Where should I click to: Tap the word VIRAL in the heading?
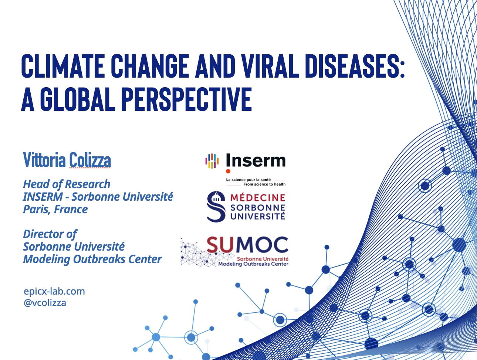point(267,66)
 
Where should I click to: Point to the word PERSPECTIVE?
point(186,99)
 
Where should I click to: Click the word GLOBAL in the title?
point(78,99)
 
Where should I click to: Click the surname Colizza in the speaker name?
point(90,160)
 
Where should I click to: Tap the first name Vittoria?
point(44,160)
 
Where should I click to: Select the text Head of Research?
point(67,184)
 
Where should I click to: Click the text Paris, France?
point(55,210)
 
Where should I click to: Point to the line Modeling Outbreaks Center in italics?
point(92,259)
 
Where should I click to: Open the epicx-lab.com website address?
point(54,291)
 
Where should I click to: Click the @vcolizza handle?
point(45,303)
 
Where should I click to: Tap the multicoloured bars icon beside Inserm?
point(212,161)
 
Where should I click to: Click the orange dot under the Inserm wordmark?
point(228,171)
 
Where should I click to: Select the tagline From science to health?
point(264,184)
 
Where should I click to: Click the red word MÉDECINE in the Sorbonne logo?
point(258,198)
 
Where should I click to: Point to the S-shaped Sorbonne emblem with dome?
point(216,206)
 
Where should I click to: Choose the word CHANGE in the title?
point(150,66)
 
